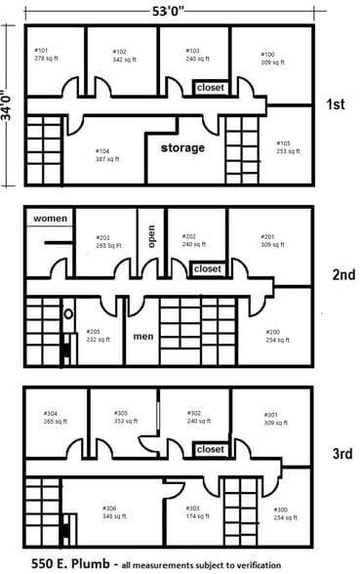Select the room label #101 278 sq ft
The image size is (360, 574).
pos(48,55)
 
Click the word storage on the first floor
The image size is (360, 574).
pos(183,147)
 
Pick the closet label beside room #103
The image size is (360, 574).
pos(210,88)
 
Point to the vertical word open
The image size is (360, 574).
pos(151,238)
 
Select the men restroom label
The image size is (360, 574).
pos(143,337)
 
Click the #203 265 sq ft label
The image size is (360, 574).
pos(107,242)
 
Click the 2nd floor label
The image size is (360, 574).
pos(341,274)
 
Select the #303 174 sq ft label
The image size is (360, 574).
pos(199,512)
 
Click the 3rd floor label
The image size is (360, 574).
pos(340,453)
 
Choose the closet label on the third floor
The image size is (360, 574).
pos(210,450)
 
